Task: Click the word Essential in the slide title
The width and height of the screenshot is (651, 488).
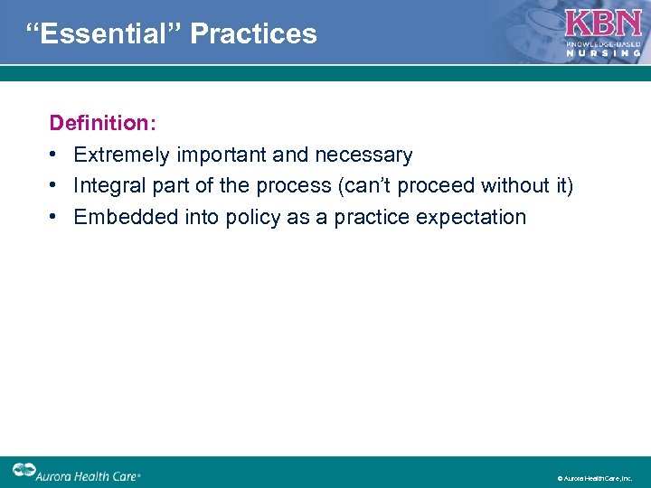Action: point(101,34)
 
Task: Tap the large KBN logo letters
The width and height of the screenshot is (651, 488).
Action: point(603,23)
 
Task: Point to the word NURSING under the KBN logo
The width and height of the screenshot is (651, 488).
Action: point(603,52)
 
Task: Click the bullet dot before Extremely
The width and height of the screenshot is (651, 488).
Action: point(55,155)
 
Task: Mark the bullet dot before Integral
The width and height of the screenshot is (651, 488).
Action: point(55,186)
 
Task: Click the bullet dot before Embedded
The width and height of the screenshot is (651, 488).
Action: point(55,217)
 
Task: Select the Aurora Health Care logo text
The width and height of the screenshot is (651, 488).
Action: point(90,473)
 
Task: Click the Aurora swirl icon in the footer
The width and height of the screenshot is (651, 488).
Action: point(24,471)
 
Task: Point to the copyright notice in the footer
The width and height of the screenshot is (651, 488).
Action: point(594,478)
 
